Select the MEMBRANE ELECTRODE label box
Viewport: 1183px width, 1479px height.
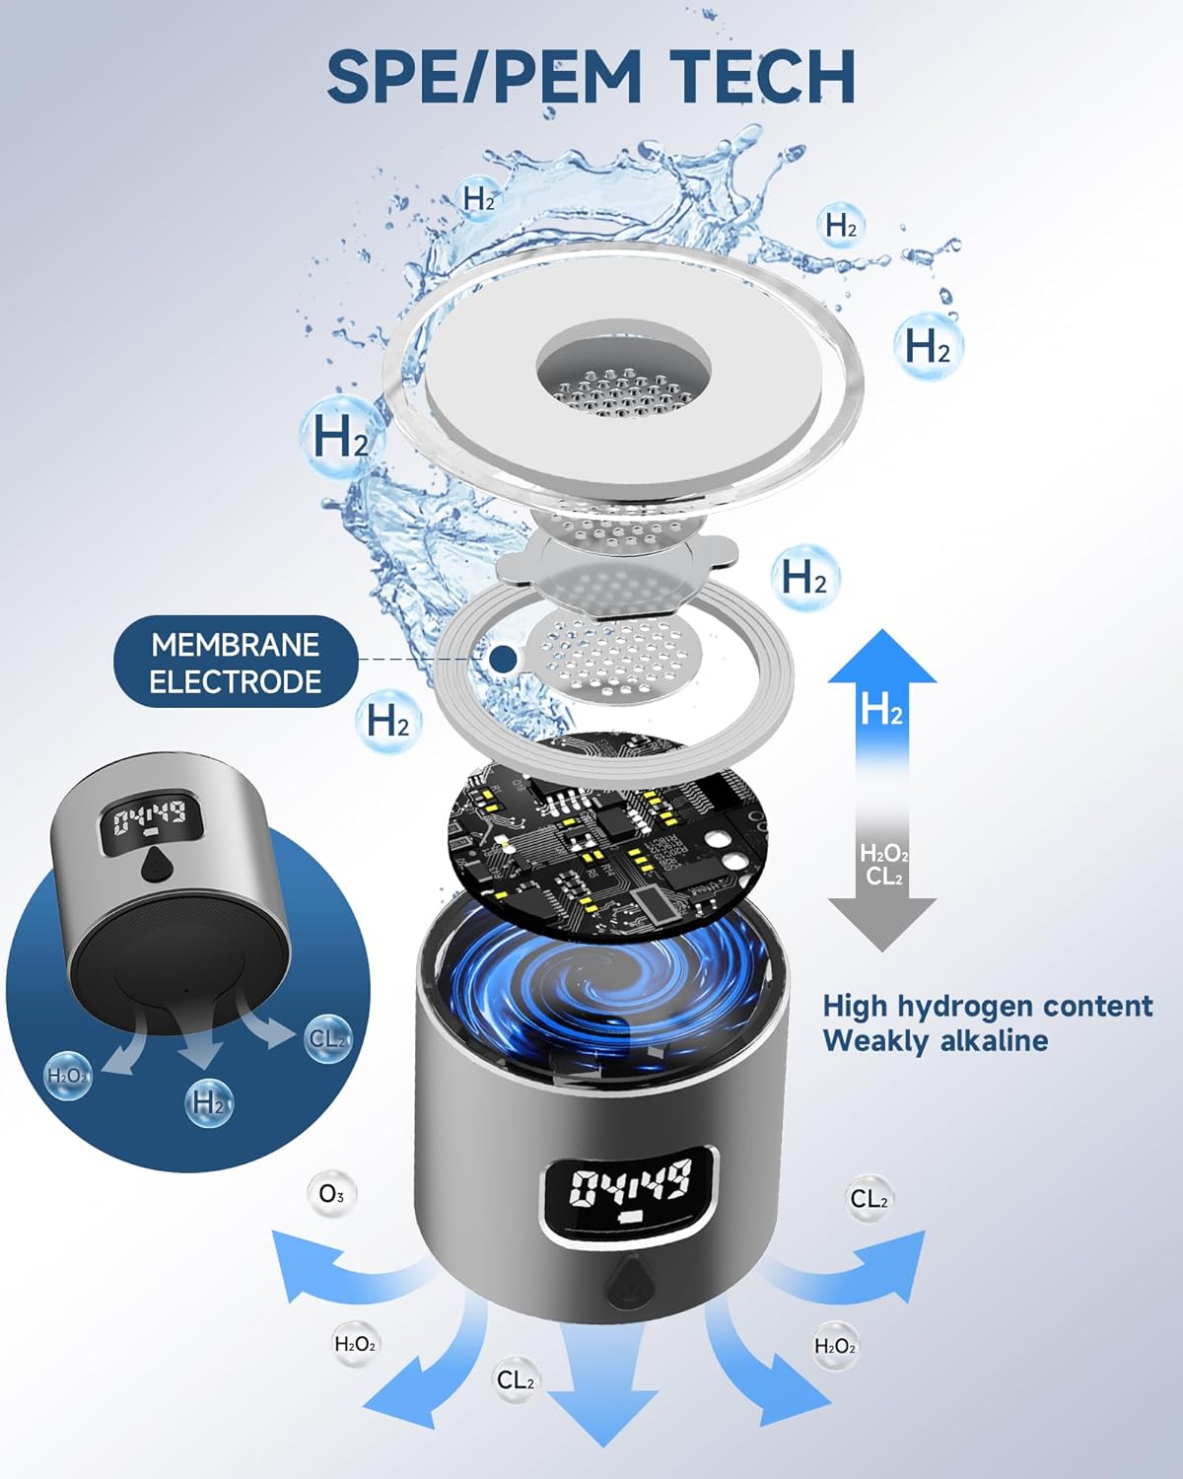(236, 663)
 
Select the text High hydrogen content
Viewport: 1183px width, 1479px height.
(988, 1006)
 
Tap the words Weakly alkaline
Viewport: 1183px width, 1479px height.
(936, 1041)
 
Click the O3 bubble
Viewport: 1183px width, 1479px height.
(331, 1194)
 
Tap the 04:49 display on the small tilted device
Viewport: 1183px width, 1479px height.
(149, 818)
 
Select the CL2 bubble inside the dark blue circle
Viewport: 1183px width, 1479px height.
(327, 1039)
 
